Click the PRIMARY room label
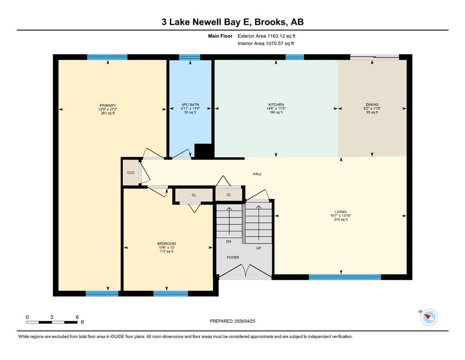point(108,105)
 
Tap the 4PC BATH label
point(191,105)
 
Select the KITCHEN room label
point(276,105)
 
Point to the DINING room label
point(372,105)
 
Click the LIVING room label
point(341,212)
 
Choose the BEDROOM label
point(167,244)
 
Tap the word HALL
point(257,174)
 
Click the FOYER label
point(233,257)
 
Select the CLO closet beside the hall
point(131,172)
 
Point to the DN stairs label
point(229,241)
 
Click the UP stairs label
point(258,248)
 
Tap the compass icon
point(429,317)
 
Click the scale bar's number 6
point(77,317)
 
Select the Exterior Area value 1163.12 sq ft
point(281,36)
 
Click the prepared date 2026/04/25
point(244,321)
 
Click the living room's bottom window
point(345,277)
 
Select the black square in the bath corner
point(203,151)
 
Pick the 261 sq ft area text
point(108,113)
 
